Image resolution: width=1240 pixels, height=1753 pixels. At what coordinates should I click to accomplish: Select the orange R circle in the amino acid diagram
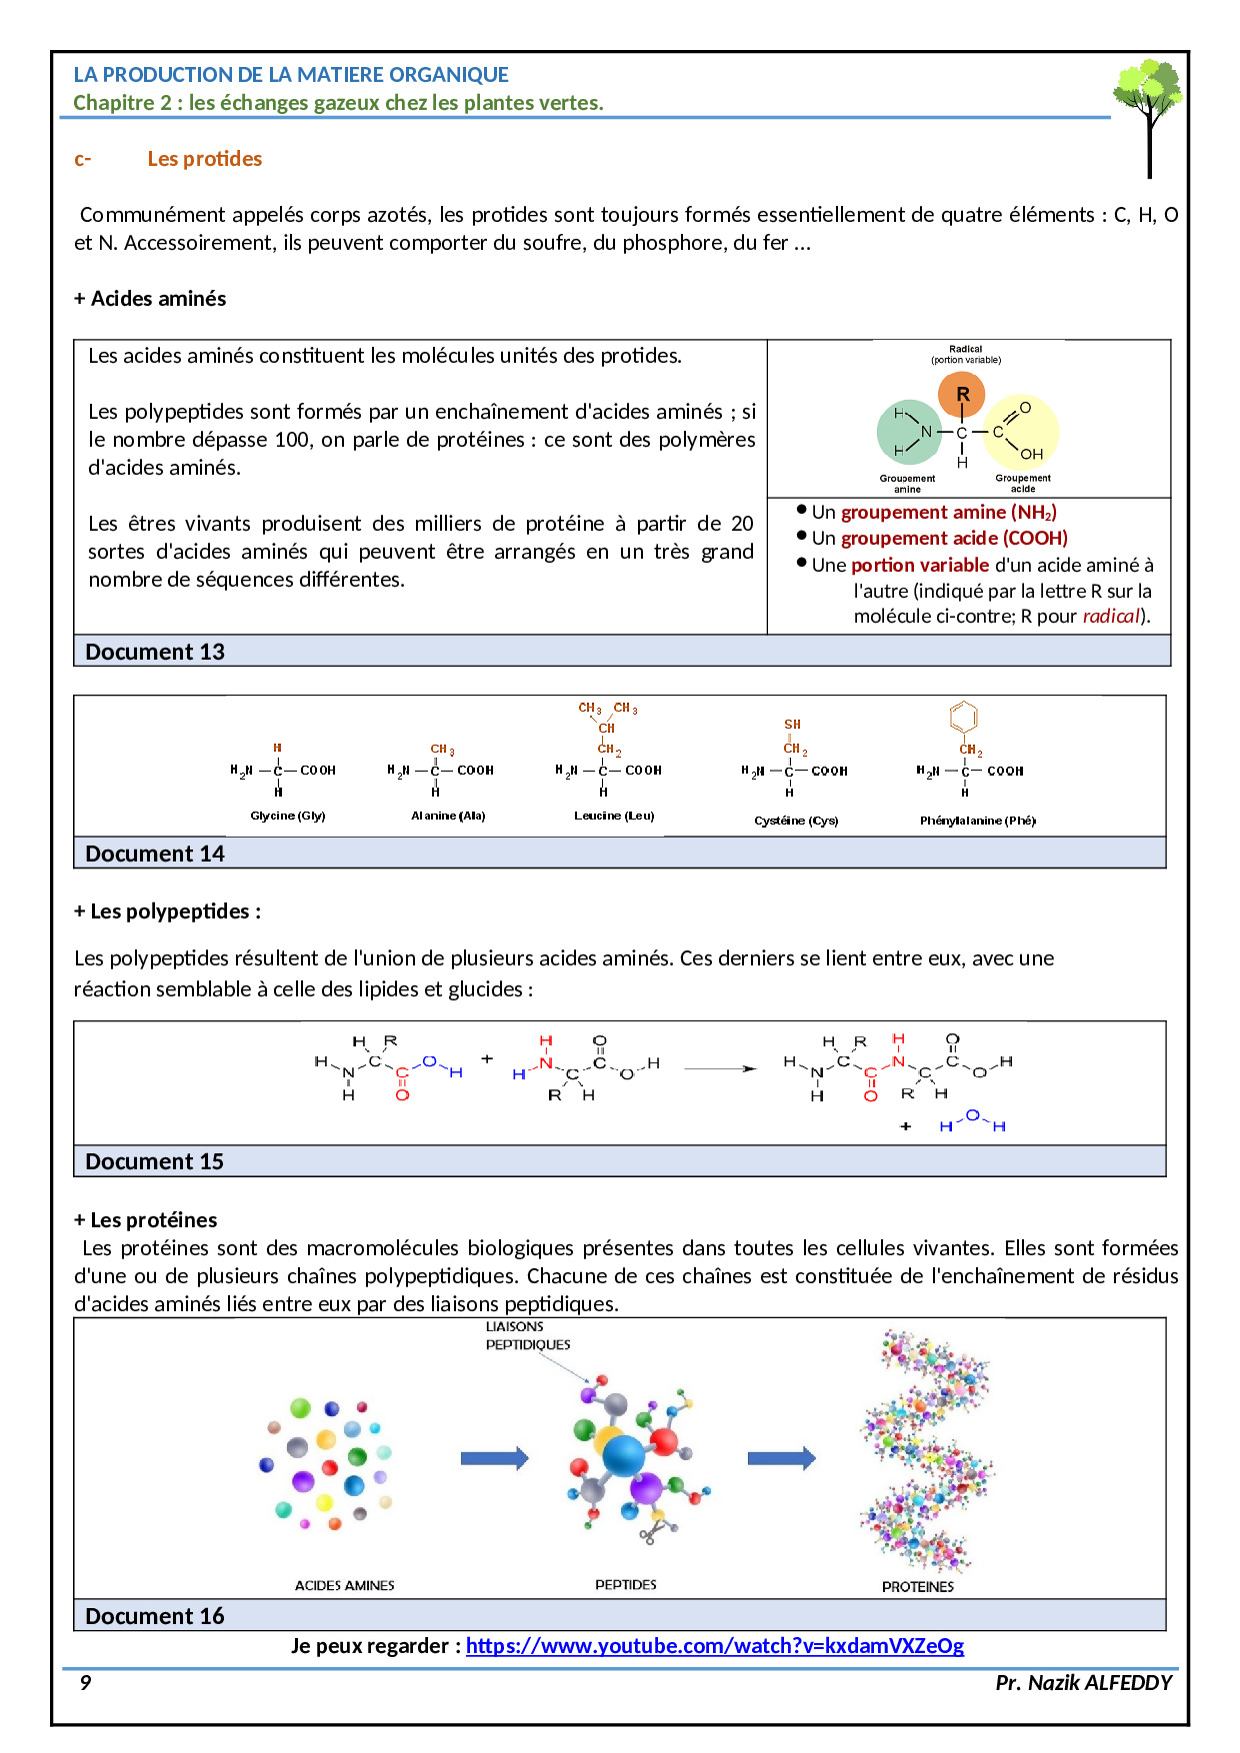point(961,394)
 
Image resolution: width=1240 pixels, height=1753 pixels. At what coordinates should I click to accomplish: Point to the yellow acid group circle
point(1022,432)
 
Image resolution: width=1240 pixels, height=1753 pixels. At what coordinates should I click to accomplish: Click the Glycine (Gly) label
point(288,816)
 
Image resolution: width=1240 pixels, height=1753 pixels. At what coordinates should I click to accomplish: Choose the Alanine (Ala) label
point(448,816)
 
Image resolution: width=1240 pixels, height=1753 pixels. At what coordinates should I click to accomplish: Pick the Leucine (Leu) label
point(614,816)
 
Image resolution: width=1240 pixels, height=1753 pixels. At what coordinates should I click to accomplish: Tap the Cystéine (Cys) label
point(796,821)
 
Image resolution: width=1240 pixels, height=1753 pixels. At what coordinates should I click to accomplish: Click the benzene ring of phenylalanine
point(963,716)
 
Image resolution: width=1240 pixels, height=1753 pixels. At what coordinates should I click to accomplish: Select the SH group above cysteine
point(792,725)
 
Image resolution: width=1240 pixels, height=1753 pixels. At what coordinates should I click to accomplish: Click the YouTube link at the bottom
point(714,1645)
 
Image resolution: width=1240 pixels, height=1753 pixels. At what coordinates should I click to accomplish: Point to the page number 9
point(85,1682)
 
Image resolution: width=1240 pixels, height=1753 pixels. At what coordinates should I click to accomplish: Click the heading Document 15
point(155,1161)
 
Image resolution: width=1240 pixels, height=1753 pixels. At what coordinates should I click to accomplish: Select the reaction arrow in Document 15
point(720,1068)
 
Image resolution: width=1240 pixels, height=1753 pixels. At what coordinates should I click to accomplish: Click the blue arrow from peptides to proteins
point(781,1458)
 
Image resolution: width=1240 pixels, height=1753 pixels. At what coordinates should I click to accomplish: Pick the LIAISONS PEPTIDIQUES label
point(527,1336)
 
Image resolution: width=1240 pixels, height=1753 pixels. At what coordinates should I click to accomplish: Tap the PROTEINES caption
point(917,1586)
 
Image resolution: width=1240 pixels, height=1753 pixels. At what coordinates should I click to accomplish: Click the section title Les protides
point(204,159)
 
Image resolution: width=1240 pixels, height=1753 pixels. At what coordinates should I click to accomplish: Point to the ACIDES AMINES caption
point(344,1585)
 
